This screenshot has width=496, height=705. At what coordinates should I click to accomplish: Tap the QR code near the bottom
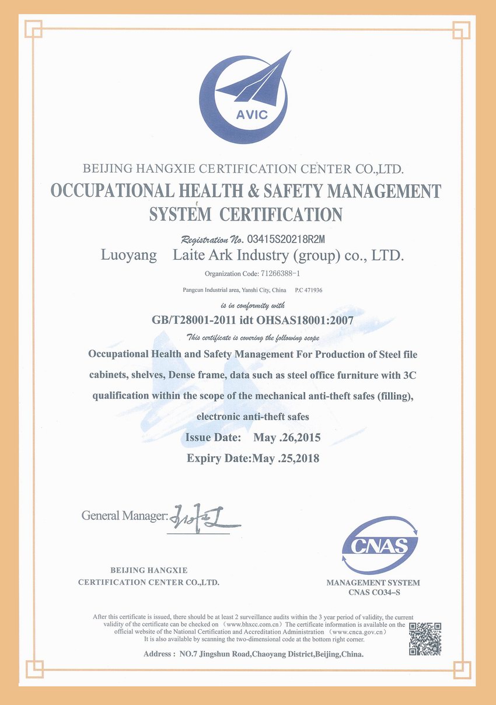pos(424,638)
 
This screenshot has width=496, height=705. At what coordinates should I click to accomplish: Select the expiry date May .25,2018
pos(285,458)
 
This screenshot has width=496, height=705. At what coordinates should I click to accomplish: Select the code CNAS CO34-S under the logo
pos(373,593)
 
